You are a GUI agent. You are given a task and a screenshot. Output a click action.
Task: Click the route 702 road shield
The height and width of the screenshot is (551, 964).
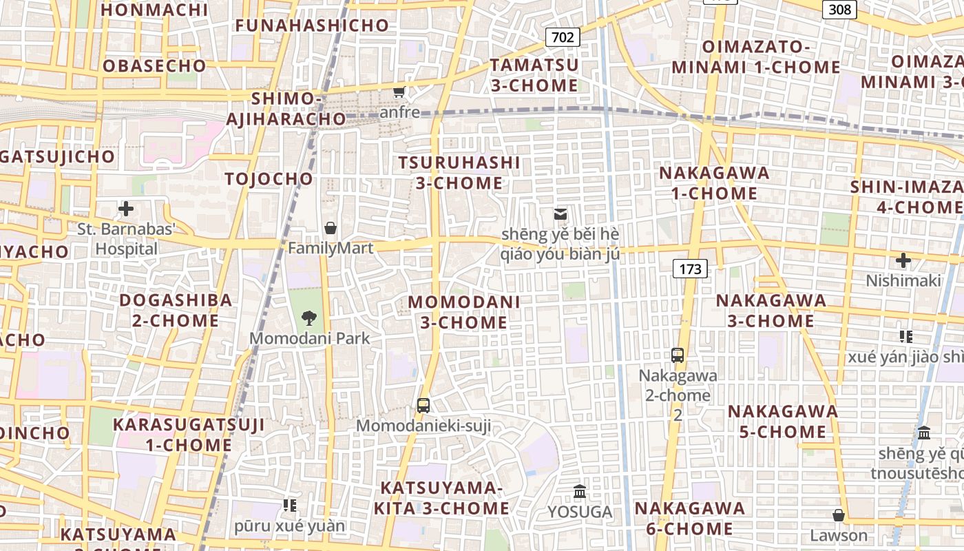coord(563,37)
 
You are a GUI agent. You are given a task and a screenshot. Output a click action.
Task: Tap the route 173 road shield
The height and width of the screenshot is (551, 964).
coord(690,269)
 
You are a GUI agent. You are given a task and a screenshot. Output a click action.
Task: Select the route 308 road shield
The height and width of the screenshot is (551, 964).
coord(839,9)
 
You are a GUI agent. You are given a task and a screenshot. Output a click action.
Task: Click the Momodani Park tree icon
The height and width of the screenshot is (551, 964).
coord(309,318)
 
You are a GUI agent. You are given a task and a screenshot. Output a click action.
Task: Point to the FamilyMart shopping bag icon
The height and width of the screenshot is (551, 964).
coord(331,228)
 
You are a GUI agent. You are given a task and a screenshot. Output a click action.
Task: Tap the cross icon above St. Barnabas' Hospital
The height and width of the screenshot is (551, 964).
coord(126,209)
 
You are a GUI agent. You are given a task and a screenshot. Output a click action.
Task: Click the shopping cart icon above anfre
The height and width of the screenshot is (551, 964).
coord(399,91)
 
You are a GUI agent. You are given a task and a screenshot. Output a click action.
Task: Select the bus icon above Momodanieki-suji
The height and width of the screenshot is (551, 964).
coord(423,406)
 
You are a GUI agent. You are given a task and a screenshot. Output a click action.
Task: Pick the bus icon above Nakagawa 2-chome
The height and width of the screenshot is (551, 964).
coord(678,355)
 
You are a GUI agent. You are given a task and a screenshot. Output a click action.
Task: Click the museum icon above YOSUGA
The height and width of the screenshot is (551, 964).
coord(580,492)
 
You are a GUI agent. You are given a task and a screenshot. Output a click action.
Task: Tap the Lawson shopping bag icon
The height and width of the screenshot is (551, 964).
coord(839,515)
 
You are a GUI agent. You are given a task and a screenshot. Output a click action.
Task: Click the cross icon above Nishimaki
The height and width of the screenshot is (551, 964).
coord(903,260)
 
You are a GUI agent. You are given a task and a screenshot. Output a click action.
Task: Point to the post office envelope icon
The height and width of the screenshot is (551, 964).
coord(560,214)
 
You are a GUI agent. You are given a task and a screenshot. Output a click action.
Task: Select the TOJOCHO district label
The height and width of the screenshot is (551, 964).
coord(269,179)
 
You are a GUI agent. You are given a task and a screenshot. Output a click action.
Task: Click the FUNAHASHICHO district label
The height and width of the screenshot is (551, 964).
coord(312,25)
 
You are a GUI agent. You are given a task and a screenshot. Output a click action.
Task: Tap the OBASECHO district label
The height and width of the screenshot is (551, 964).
coord(154,66)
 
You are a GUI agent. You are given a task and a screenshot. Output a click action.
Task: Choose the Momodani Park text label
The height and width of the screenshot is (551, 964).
coord(309,338)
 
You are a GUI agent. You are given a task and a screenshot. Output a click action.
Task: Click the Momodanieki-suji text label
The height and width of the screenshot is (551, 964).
coord(423,426)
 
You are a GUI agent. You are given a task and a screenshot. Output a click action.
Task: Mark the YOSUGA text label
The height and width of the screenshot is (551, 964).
coord(580,512)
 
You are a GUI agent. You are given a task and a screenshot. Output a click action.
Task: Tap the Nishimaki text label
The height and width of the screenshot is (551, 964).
coord(903,280)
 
